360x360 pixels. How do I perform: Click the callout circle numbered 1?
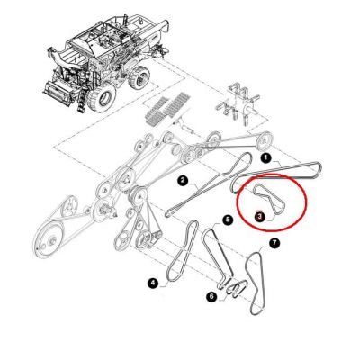265,158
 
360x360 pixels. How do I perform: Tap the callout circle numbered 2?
183,181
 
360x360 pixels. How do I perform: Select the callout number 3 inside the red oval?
260,215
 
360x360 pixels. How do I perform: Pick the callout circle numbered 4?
153,283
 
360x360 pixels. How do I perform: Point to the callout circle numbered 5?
228,220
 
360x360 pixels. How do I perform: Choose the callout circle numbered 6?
211,297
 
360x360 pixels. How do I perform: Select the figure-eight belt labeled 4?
183,251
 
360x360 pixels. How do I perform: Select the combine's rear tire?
139,77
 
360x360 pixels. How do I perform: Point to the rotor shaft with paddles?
237,105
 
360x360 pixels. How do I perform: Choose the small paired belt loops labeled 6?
237,288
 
